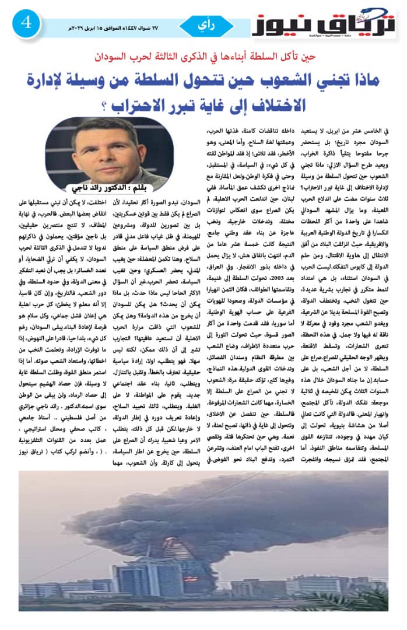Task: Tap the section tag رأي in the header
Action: (x=209, y=26)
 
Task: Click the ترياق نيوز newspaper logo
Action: (x=323, y=24)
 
